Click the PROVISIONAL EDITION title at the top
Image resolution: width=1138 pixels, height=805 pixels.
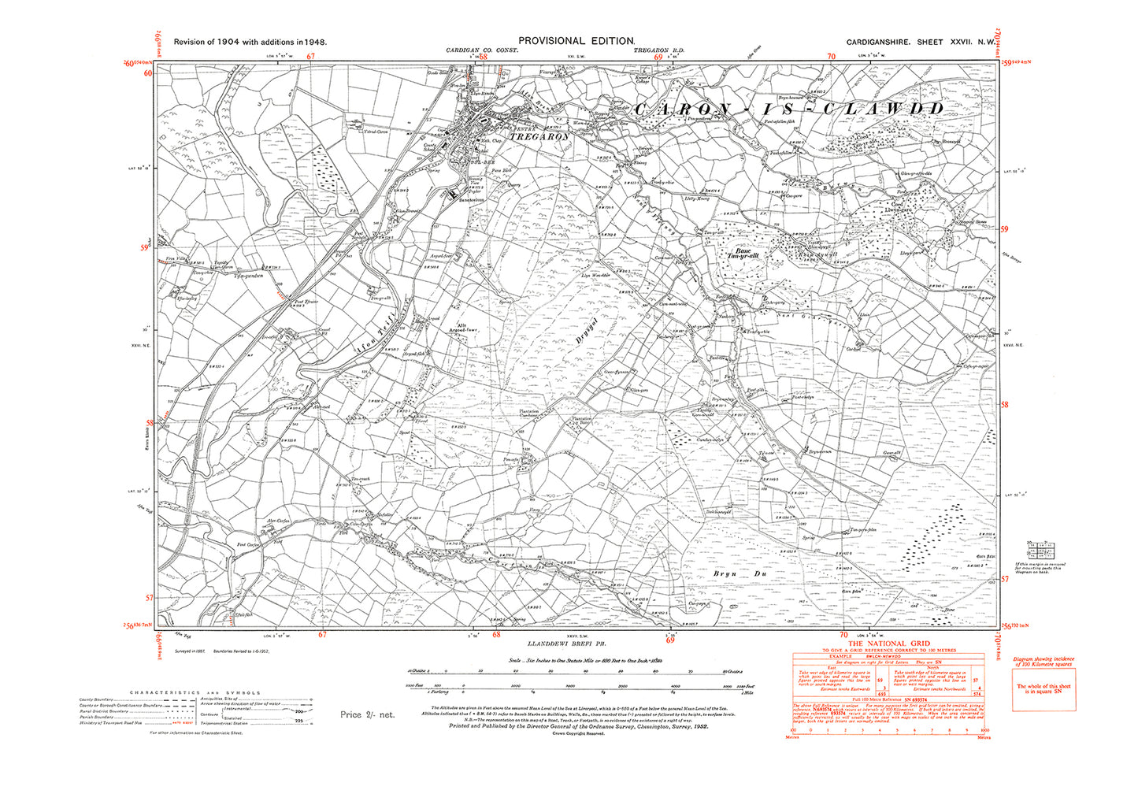click(x=576, y=41)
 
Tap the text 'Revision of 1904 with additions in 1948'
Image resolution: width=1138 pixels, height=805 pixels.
click(x=250, y=43)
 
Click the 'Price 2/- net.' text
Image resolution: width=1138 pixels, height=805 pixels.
click(x=367, y=714)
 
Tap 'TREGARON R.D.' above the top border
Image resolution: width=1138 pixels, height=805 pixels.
click(x=659, y=50)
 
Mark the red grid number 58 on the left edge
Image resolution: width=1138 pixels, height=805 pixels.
click(x=150, y=423)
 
